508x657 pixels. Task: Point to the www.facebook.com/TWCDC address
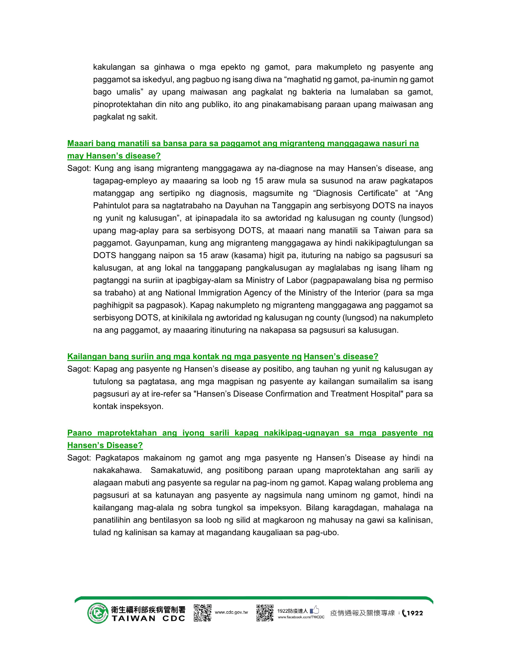click(x=301, y=617)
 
